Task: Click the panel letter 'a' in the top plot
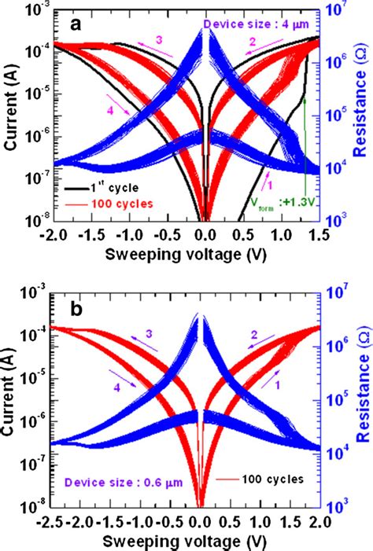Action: (x=76, y=24)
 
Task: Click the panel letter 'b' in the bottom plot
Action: (x=76, y=308)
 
